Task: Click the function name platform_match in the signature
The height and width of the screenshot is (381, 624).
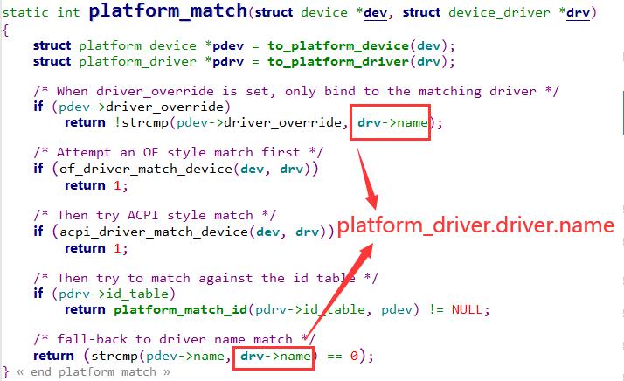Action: click(168, 10)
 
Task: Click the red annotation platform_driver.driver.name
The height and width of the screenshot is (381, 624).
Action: click(476, 225)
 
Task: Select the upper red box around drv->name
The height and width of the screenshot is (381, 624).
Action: click(390, 105)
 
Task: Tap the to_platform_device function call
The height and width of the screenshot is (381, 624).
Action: click(338, 45)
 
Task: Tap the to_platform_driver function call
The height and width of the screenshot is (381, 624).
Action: click(338, 62)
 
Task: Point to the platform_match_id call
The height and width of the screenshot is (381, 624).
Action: click(181, 309)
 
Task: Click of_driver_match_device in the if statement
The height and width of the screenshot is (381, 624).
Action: click(146, 169)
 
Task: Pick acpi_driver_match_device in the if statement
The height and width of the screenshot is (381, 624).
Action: click(154, 232)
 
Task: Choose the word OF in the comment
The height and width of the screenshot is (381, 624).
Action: click(151, 152)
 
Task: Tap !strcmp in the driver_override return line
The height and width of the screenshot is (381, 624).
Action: click(142, 122)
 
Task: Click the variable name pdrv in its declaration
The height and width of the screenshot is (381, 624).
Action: click(228, 62)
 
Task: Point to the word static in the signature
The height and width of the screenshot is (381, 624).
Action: click(25, 12)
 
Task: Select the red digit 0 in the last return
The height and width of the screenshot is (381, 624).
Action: click(354, 356)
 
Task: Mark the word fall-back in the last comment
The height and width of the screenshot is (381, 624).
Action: click(92, 339)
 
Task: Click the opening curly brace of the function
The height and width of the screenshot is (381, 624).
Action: click(5, 31)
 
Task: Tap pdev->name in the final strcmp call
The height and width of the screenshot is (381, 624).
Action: click(185, 356)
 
